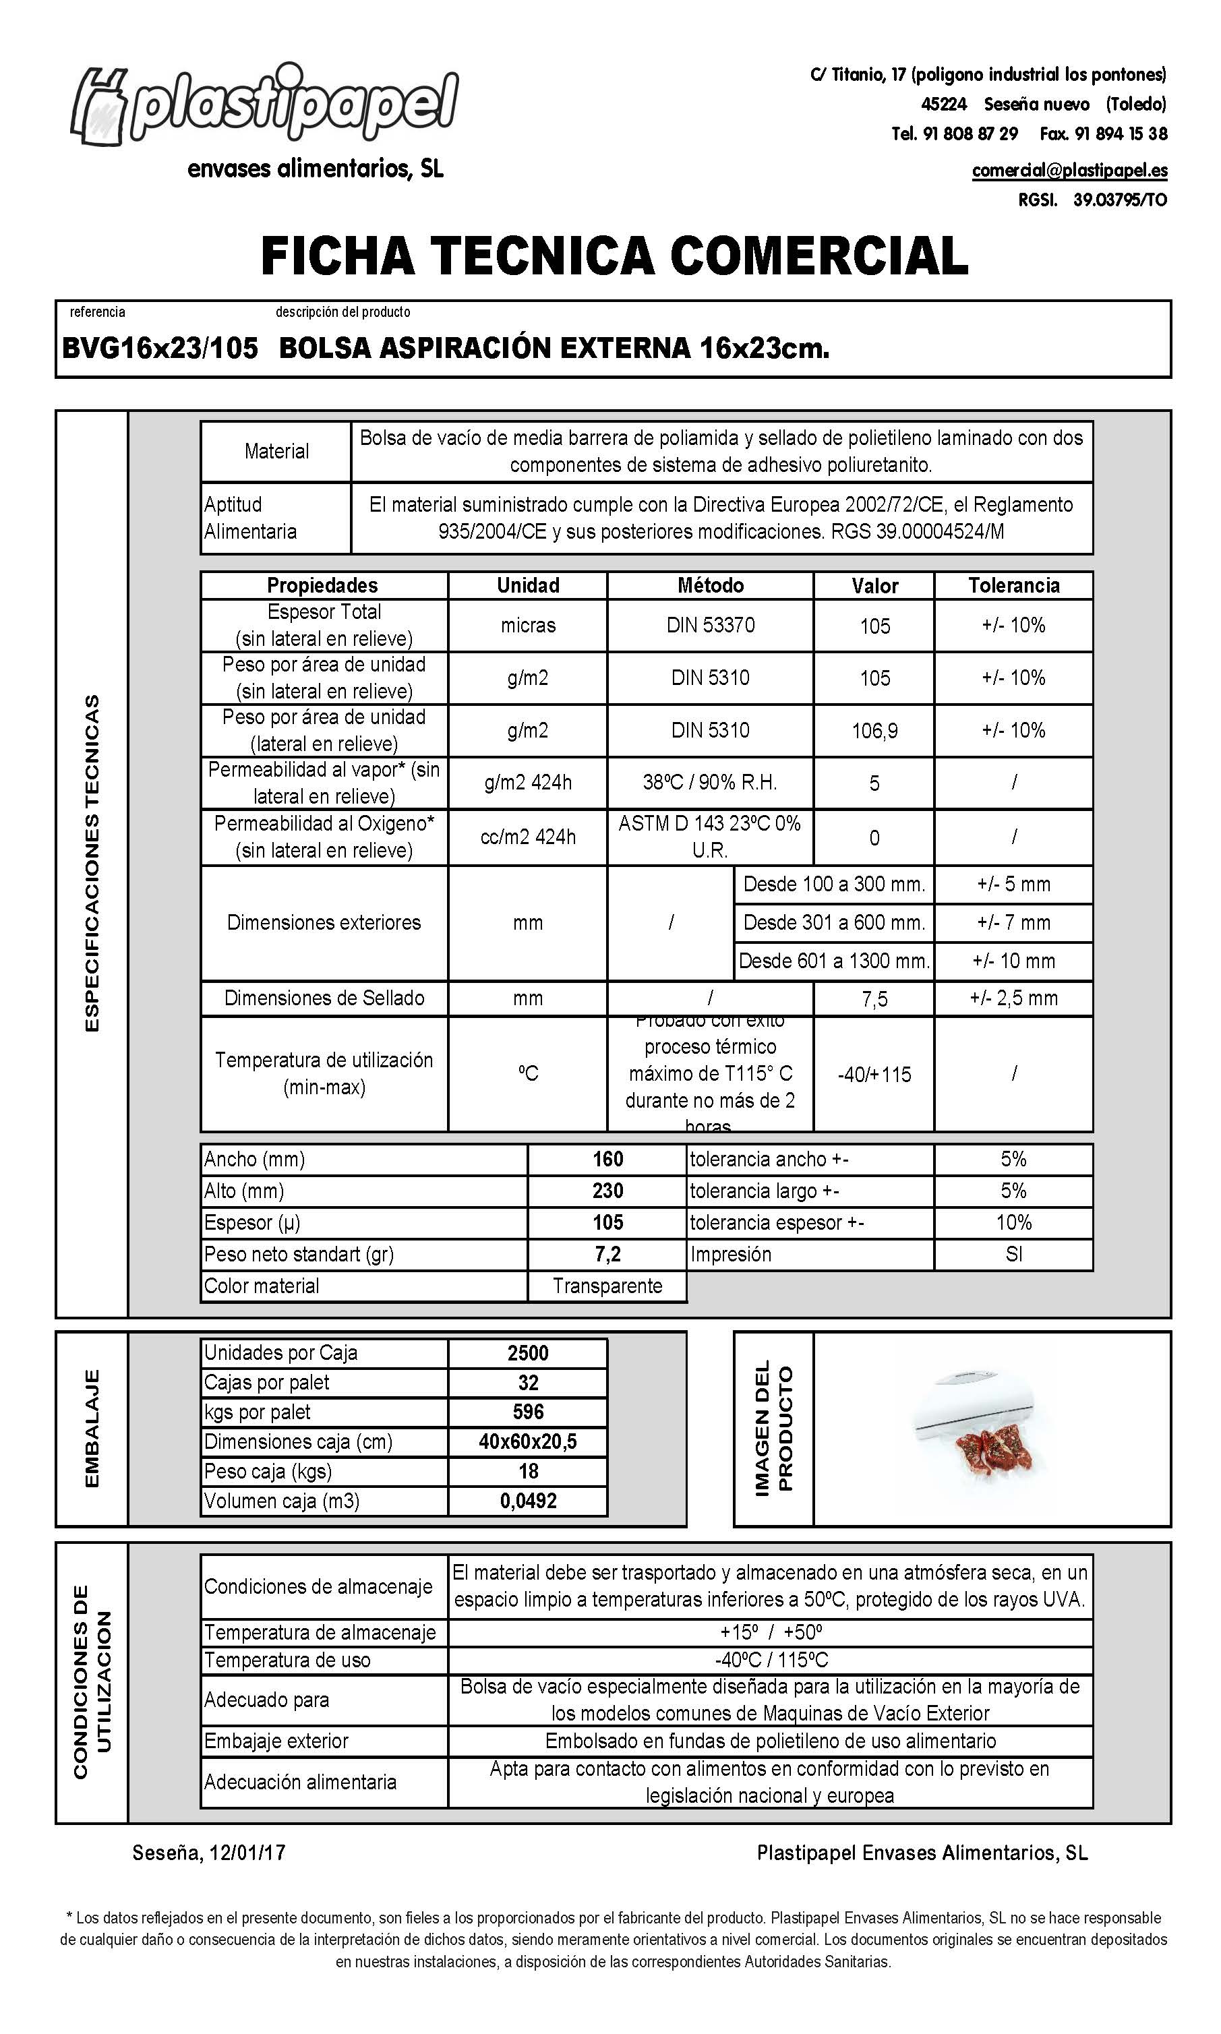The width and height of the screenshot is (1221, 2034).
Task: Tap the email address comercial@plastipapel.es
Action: point(1069,171)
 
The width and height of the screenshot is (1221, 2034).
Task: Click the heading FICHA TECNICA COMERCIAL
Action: point(614,255)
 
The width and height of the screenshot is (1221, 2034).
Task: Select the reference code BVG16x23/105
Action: point(160,349)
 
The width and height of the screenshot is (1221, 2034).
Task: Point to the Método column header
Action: point(710,586)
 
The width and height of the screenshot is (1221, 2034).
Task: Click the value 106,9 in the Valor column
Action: point(874,730)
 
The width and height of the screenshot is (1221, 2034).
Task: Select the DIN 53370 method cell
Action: point(710,625)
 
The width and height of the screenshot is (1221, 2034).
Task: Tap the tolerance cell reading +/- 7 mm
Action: point(1013,923)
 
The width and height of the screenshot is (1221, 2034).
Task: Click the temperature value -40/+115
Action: point(874,1074)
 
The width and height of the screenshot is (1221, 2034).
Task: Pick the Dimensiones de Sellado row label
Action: point(324,998)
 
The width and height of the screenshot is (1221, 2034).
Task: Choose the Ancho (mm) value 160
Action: point(607,1160)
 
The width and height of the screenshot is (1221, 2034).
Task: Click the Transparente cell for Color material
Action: point(607,1286)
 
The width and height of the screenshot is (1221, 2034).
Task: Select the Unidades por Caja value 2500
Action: point(527,1353)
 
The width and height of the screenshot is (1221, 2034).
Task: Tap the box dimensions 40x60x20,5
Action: point(527,1442)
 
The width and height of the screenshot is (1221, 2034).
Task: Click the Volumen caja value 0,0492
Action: point(527,1501)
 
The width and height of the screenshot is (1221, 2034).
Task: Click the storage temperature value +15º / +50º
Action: point(770,1633)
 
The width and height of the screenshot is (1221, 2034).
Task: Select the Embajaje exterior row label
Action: point(276,1741)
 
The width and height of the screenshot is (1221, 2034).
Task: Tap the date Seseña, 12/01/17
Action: point(209,1853)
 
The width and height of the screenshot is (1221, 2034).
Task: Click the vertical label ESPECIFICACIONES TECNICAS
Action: point(92,864)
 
